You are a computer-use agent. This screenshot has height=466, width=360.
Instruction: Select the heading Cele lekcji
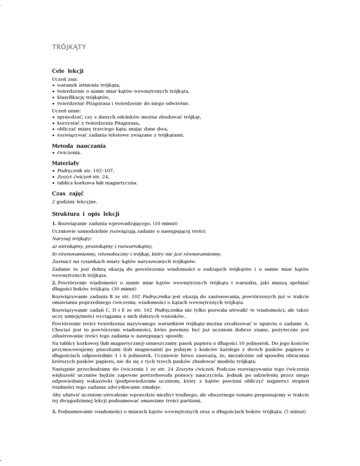67,70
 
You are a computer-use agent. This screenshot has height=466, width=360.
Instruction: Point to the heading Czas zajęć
69,193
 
